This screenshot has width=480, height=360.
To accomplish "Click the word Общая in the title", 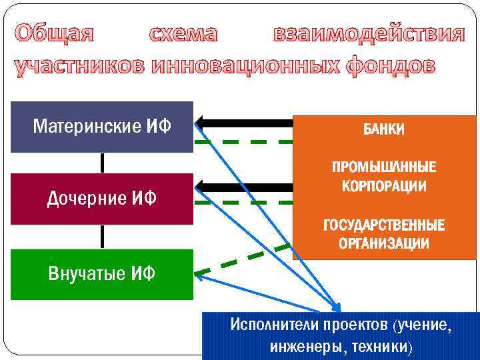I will coord(55,33).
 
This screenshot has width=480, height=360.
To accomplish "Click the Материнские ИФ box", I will coord(101,127).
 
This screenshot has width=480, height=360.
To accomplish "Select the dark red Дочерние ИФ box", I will coord(101,198).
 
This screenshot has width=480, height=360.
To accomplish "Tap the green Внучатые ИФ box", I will coord(101,273).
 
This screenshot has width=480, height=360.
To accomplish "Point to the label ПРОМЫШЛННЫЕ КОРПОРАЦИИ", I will coord(383,177).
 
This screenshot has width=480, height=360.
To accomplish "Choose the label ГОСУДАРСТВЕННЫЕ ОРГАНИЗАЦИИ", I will coord(383,234).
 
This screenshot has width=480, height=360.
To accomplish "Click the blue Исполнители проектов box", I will coord(340,335).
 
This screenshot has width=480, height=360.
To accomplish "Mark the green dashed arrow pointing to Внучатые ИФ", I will coord(240,259).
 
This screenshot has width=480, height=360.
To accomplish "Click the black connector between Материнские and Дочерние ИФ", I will coord(102,163).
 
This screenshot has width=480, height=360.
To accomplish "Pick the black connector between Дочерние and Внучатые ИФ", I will coord(102,237).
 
